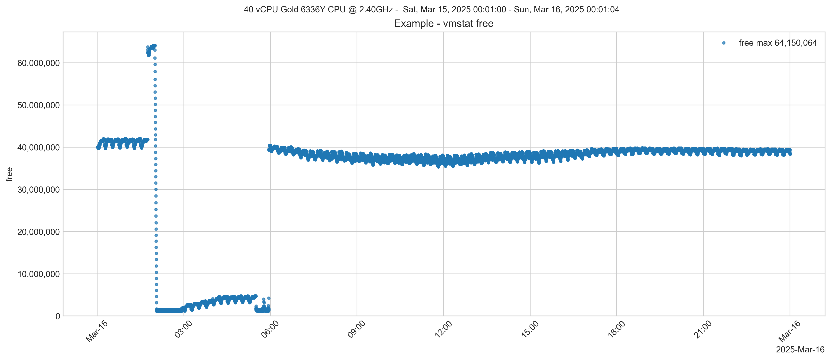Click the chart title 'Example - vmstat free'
coord(444,24)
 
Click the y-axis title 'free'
coord(9,174)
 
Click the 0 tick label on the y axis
coord(58,316)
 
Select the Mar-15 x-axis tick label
coord(96,332)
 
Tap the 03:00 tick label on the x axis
coord(183,330)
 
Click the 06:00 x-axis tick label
coord(270,330)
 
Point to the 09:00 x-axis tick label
coord(356,330)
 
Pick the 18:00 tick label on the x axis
coord(616,330)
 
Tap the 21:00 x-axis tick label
coord(703,330)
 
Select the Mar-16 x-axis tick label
coord(789,332)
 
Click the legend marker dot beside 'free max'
coord(724,43)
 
